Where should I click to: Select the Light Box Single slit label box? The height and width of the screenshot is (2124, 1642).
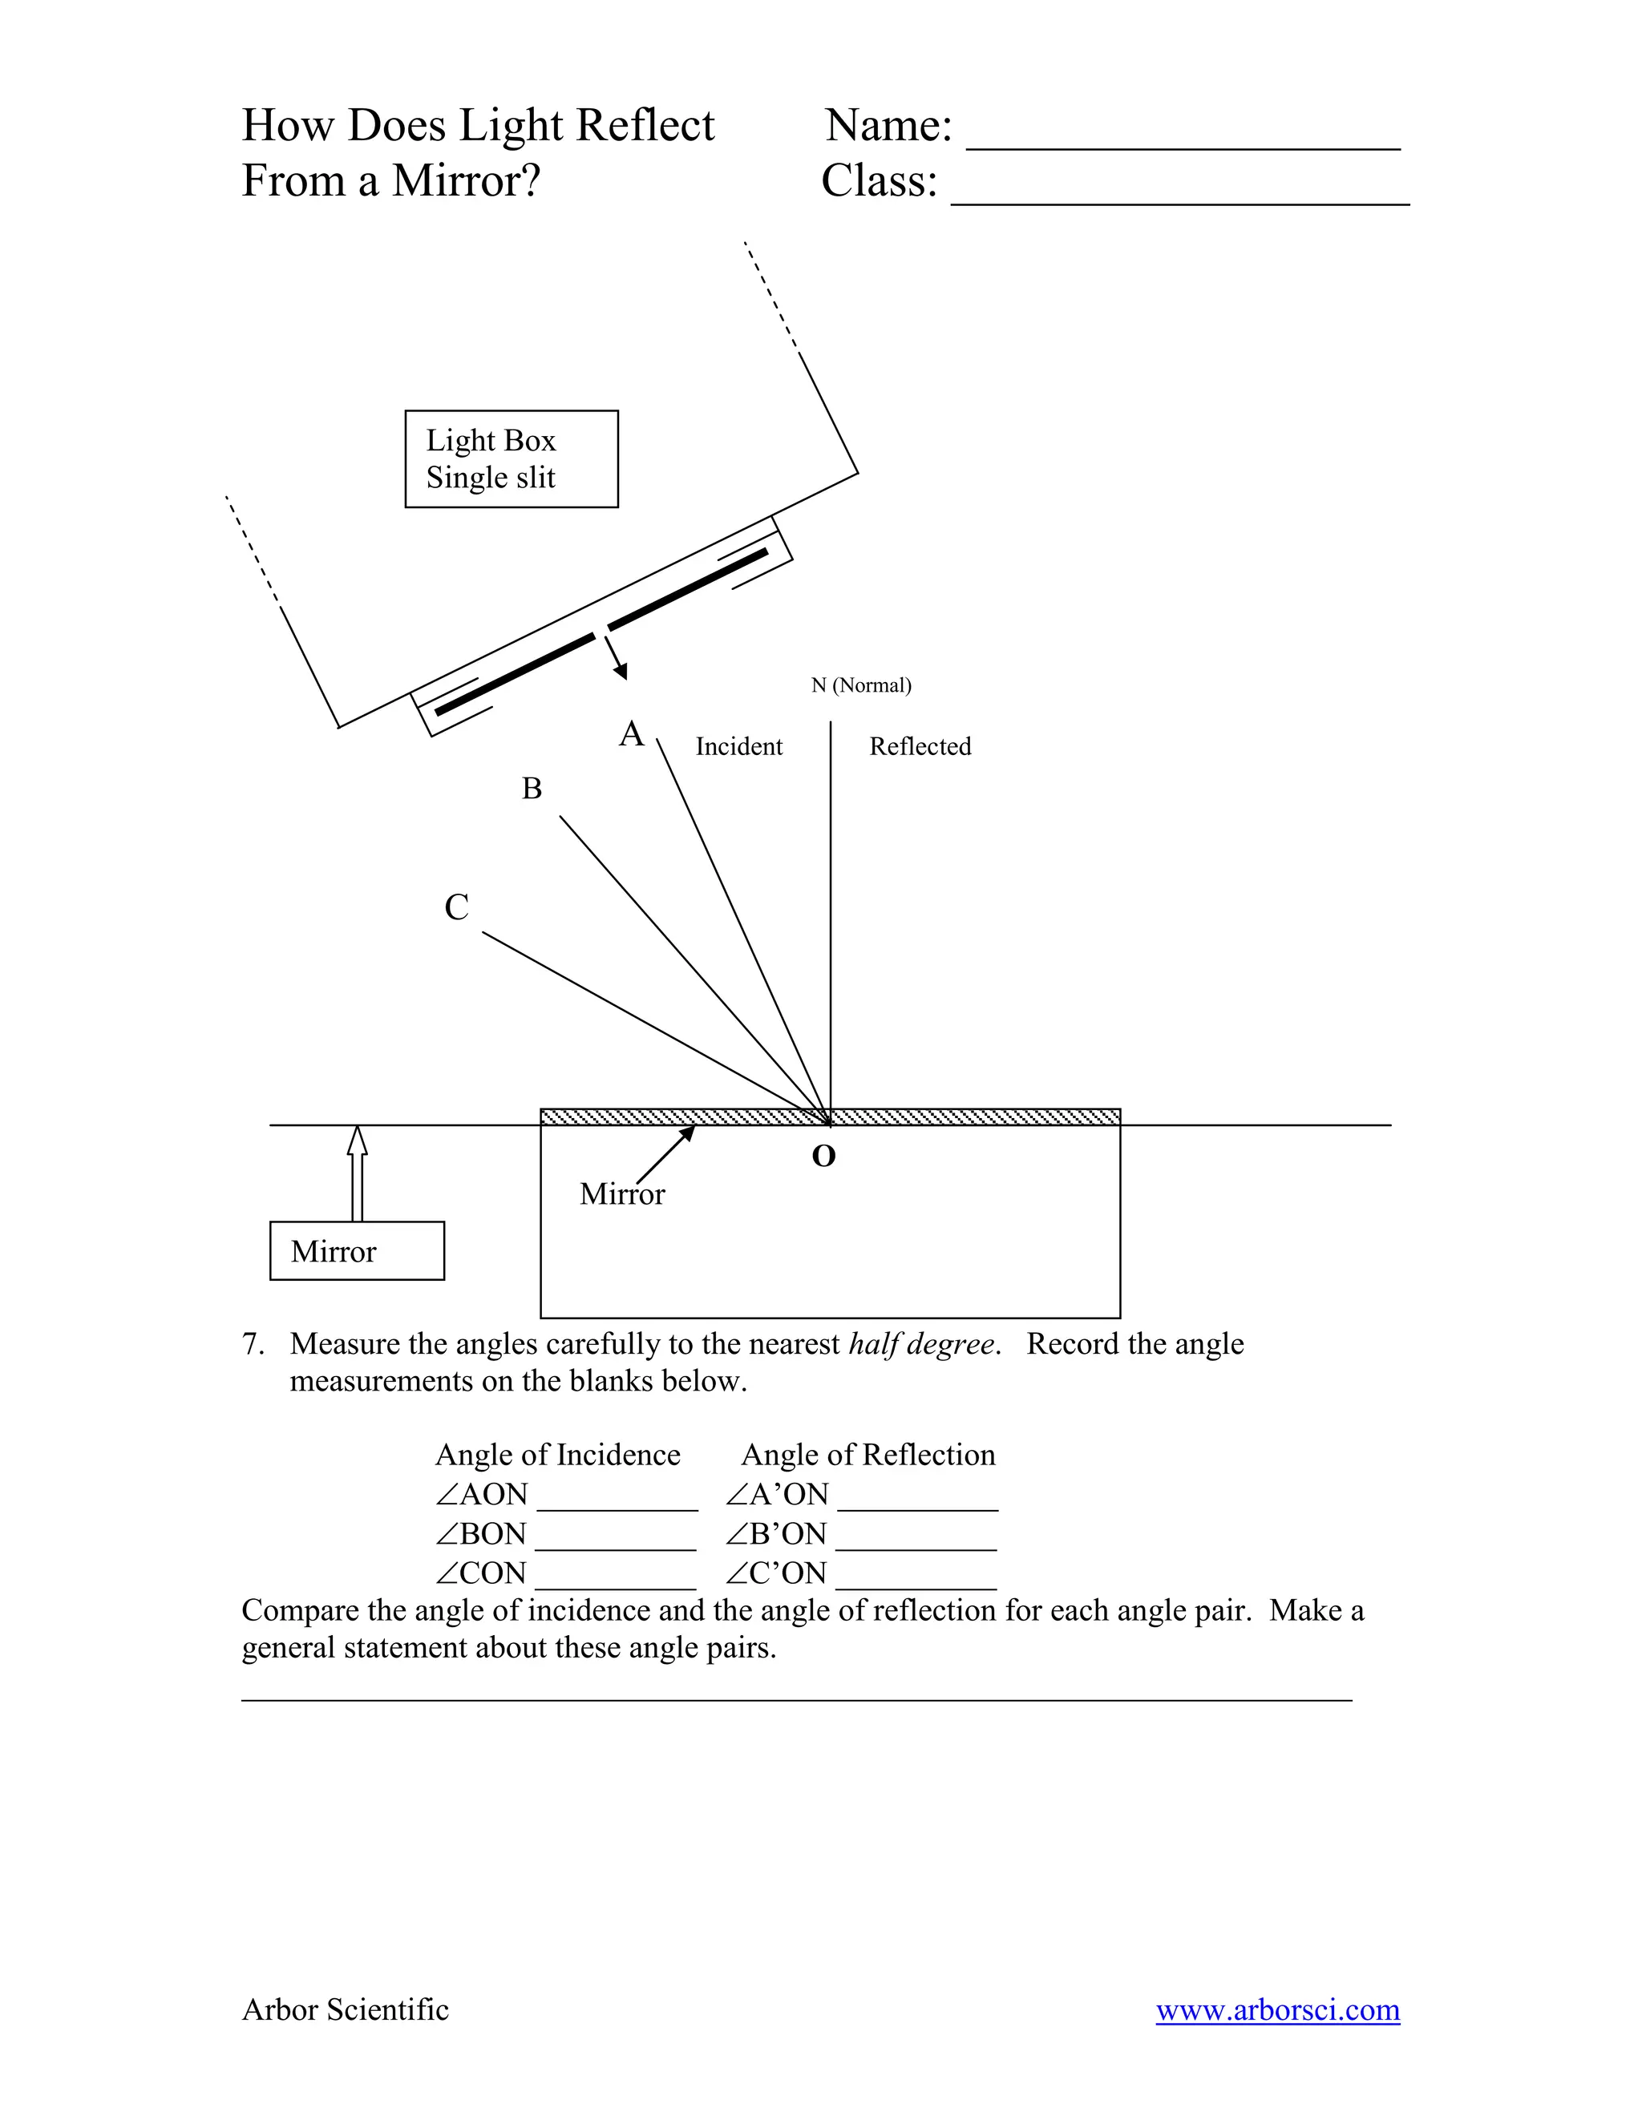[511, 459]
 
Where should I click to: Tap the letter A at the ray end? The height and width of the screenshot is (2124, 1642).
[631, 734]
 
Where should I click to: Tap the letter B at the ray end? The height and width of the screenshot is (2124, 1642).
[531, 789]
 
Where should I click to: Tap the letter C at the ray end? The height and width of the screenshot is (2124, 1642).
[456, 907]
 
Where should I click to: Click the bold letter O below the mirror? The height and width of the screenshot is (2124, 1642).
[823, 1157]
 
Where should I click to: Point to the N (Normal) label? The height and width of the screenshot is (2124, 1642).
[861, 685]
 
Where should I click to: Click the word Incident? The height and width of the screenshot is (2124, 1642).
[738, 747]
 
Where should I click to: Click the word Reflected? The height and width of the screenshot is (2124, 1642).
[920, 747]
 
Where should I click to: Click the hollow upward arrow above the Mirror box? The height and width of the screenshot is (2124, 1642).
[357, 1171]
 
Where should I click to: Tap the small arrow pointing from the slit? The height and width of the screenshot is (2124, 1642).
[617, 657]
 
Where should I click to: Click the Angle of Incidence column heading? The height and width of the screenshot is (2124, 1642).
[557, 1455]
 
